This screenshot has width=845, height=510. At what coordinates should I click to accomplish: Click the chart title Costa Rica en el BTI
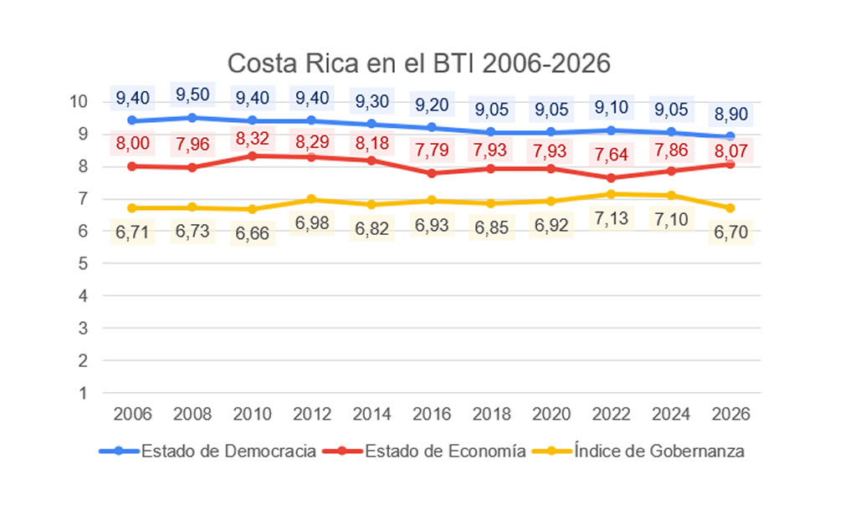[420, 64]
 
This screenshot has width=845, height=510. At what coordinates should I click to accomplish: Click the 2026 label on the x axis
[730, 414]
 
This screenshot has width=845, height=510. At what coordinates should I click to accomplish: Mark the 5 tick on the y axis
[83, 263]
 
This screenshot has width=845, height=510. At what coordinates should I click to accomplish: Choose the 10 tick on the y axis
[79, 101]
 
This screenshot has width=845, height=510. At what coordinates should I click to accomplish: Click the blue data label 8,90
[730, 114]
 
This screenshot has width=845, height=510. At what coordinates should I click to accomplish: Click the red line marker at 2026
[730, 164]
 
